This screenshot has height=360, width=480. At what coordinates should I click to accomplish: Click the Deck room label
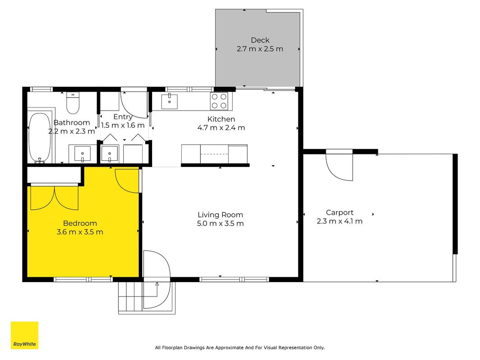pos(260,40)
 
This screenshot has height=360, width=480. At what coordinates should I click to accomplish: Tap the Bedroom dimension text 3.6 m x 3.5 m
pos(80,232)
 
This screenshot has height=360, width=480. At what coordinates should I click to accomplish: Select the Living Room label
pos(220,215)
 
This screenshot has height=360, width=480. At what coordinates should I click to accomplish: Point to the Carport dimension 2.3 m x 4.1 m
pos(340,221)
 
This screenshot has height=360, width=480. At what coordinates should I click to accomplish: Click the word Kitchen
pos(221,119)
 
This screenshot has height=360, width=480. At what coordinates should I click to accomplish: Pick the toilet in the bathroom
pos(73,103)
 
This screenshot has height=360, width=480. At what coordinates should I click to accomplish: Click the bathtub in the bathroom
pos(40,137)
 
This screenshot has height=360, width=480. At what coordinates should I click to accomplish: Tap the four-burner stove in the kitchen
pos(219,101)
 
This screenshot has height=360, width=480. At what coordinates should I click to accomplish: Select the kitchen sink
pos(169,101)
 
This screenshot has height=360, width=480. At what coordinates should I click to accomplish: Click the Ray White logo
pos(24,335)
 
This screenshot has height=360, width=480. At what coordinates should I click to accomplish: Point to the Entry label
pos(123,117)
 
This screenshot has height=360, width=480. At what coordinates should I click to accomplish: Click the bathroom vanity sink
pos(82,154)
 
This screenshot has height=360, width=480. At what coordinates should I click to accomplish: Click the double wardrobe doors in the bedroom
pos(54,198)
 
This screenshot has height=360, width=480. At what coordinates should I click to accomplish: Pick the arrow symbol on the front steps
pos(157,284)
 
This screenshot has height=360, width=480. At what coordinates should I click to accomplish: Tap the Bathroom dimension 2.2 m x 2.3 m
pos(72,131)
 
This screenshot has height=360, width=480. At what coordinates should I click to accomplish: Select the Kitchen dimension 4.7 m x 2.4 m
pos(221,128)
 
